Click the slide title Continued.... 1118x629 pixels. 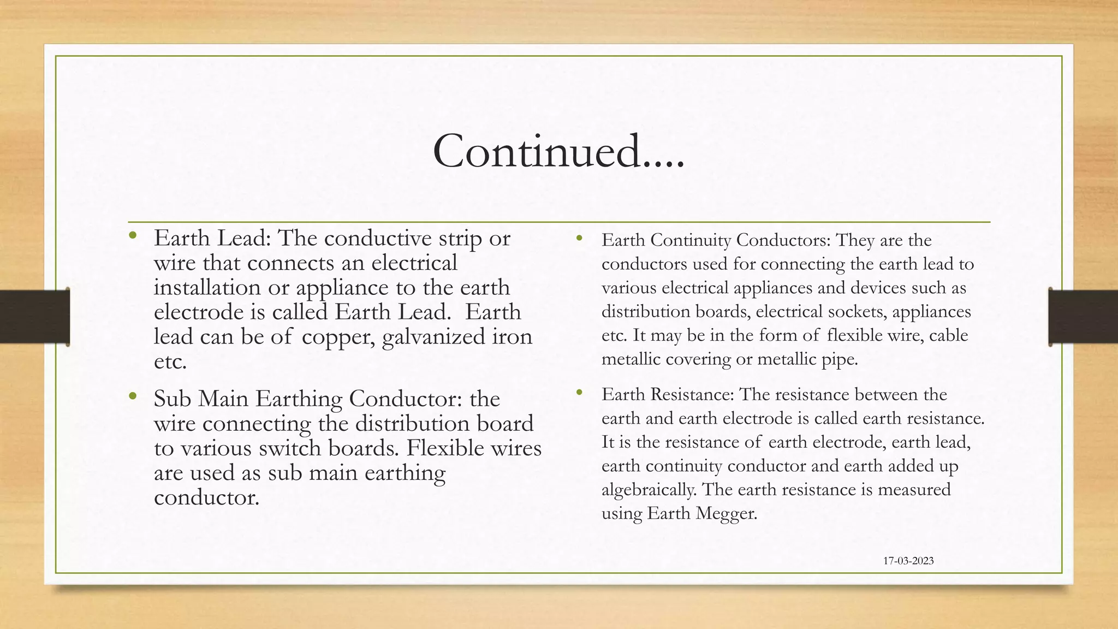point(558,151)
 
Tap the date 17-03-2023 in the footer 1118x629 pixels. point(908,561)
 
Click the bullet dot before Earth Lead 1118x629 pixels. point(132,236)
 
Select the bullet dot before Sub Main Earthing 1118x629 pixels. point(132,396)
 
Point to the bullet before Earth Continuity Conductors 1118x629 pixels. point(579,238)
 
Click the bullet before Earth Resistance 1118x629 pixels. point(579,392)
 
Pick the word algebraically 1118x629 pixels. point(649,490)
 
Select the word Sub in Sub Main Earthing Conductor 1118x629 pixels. point(172,399)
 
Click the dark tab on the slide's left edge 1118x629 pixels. point(34,317)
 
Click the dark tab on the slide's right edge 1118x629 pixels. point(1083,317)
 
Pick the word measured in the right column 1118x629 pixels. point(914,489)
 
